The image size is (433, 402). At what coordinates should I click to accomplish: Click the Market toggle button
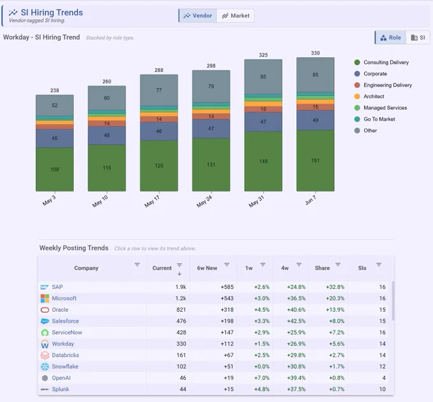(236, 16)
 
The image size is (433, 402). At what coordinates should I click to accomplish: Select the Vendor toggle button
(198, 16)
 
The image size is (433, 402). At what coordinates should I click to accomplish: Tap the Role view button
(390, 38)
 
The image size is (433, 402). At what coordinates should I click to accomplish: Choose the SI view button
(418, 38)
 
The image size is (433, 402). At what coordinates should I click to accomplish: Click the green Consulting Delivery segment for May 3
(55, 169)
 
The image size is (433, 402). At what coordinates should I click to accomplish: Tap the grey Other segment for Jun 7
(315, 75)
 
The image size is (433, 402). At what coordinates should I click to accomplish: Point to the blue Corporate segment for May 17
(159, 131)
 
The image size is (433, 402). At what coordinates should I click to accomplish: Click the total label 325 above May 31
(263, 55)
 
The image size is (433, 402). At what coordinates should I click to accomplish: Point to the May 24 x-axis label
(204, 201)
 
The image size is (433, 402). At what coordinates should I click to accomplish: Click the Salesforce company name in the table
(66, 321)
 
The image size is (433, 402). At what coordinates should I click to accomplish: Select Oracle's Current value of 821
(181, 310)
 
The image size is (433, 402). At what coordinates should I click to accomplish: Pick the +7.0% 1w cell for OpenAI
(262, 378)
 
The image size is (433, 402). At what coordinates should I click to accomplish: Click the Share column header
(322, 268)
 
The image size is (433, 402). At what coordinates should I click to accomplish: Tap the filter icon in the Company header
(137, 265)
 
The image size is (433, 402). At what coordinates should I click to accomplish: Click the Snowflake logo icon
(45, 366)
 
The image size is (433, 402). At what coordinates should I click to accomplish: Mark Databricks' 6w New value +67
(229, 355)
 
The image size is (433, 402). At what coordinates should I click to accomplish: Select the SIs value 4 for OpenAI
(384, 378)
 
